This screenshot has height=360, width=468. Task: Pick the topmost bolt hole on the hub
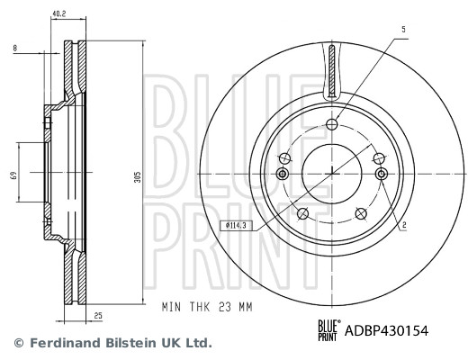click(331, 124)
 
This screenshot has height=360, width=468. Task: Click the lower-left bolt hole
click(301, 213)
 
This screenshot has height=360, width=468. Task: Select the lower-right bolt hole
click(362, 213)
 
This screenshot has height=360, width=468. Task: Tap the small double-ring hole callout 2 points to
click(380, 174)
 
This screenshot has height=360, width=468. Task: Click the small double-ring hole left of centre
click(283, 174)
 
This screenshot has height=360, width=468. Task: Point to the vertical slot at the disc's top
click(331, 71)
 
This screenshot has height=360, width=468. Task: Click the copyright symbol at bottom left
click(18, 343)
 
